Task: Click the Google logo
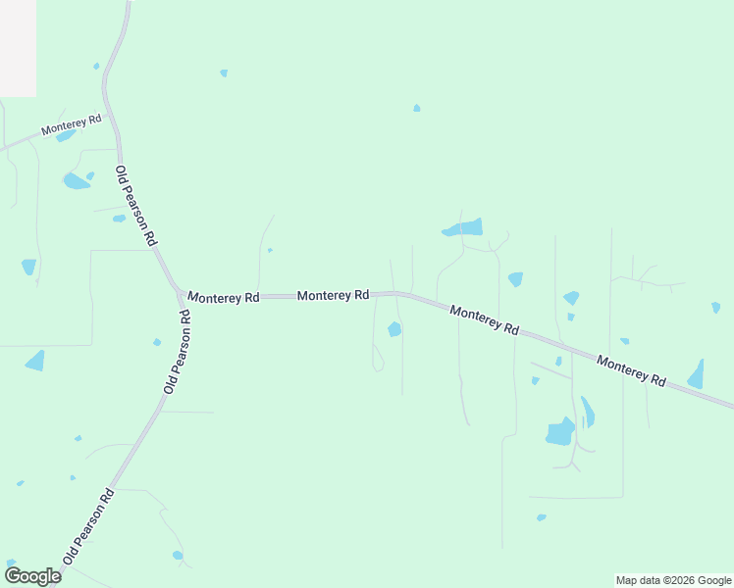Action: tap(32, 576)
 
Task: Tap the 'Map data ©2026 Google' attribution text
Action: tap(674, 580)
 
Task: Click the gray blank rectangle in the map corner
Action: tap(18, 47)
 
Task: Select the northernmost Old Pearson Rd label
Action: tap(136, 206)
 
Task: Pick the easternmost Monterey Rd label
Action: tap(631, 368)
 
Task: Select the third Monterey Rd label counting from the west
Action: tap(333, 295)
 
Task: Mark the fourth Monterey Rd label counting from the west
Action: tap(484, 319)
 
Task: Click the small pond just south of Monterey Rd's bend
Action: tap(394, 329)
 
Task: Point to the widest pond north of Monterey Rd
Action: tap(463, 228)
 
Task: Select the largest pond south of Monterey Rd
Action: tap(560, 432)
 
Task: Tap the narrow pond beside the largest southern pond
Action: tap(587, 412)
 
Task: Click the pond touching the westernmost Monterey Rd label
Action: tap(65, 136)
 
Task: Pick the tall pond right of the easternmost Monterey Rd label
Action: tap(697, 374)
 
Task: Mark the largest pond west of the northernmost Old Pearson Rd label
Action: tap(75, 181)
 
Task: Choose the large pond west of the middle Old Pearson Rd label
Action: tap(35, 361)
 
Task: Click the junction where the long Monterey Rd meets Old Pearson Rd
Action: tap(180, 294)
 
